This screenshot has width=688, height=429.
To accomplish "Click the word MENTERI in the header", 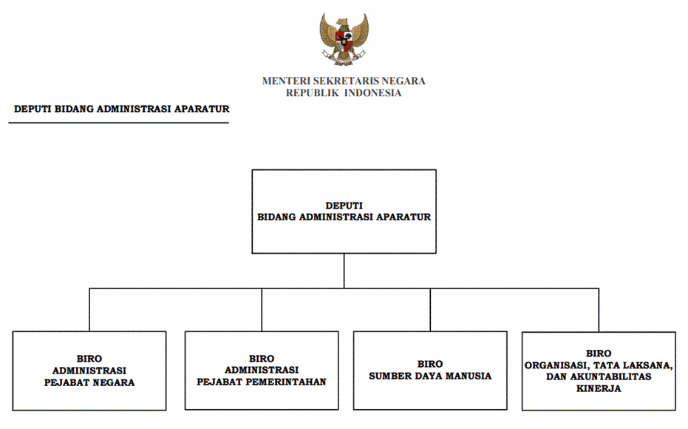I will click(285, 81).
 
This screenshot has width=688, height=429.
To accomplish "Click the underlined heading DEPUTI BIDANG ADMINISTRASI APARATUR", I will click(122, 109).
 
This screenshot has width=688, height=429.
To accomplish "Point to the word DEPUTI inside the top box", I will click(344, 205).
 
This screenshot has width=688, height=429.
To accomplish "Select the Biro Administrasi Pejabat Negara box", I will click(89, 370).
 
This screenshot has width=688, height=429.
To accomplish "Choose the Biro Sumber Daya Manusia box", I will click(430, 370).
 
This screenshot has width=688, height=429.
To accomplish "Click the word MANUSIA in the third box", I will click(468, 376).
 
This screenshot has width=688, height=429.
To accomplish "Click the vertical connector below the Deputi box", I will click(344, 270).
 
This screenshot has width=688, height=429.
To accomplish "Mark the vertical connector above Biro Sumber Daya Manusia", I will click(430, 309).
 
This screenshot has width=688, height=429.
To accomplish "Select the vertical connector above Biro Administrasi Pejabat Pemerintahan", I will click(262, 309).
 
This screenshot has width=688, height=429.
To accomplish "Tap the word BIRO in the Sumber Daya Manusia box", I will click(430, 364).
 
